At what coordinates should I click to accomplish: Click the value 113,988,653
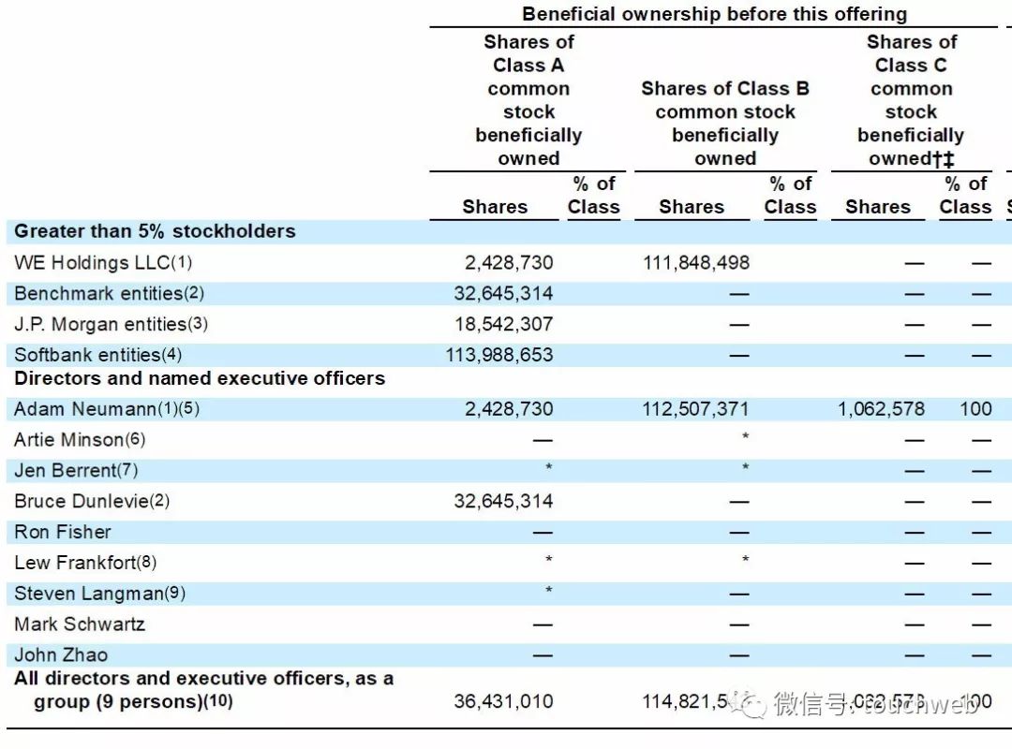(x=499, y=356)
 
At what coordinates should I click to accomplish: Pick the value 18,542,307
(x=503, y=325)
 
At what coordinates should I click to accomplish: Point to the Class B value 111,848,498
(x=695, y=263)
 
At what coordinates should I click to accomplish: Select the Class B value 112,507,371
(x=695, y=409)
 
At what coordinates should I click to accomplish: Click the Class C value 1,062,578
(x=881, y=409)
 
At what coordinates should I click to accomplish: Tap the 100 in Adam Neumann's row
(x=975, y=409)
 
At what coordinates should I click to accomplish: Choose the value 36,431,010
(x=503, y=701)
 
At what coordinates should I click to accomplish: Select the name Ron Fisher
(x=63, y=532)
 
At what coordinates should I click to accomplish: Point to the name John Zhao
(x=61, y=654)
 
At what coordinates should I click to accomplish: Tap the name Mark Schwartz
(x=80, y=624)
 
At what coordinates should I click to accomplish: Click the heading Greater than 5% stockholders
(x=155, y=231)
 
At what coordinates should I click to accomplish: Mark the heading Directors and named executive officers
(x=200, y=379)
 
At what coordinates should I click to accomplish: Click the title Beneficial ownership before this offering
(x=714, y=14)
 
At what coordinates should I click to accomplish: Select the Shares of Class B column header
(x=724, y=124)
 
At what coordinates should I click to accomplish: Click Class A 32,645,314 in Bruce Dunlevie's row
(x=503, y=501)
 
